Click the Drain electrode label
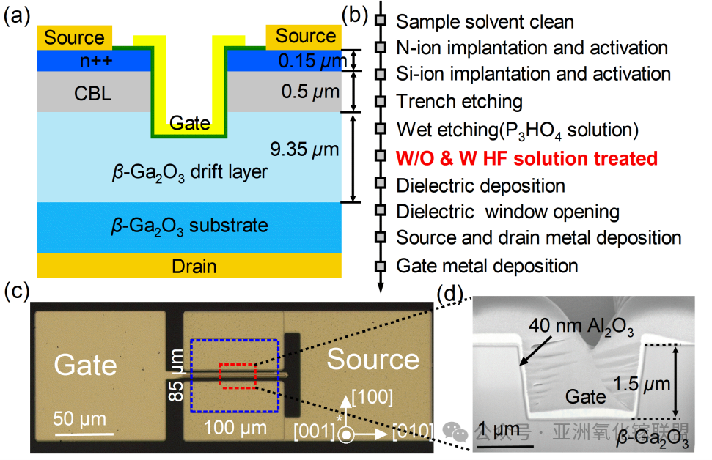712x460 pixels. [194, 265]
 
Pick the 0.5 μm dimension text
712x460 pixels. [310, 93]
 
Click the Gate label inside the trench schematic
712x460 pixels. [190, 124]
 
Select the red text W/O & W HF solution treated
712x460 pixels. [526, 158]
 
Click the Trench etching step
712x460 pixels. [459, 102]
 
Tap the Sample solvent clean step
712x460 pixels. [485, 22]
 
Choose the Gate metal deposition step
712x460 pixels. [487, 265]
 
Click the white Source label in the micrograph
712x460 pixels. [372, 359]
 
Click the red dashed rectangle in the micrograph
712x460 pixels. [236, 376]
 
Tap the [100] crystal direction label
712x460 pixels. [372, 398]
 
